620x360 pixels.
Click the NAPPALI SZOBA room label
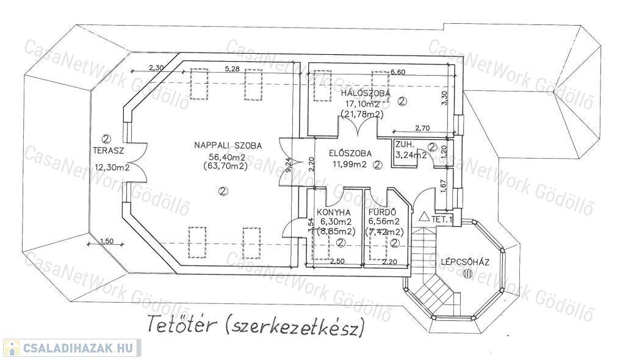pyautogui.click(x=228, y=145)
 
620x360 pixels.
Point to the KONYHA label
pyautogui.click(x=332, y=212)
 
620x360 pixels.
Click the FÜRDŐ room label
pyautogui.click(x=383, y=212)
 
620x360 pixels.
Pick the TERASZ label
pyautogui.click(x=109, y=150)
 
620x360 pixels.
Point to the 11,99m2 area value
pyautogui.click(x=350, y=164)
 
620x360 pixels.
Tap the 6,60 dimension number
pyautogui.click(x=398, y=72)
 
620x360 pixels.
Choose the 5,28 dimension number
pyautogui.click(x=232, y=69)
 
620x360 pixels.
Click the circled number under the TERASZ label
pyautogui.click(x=106, y=139)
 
